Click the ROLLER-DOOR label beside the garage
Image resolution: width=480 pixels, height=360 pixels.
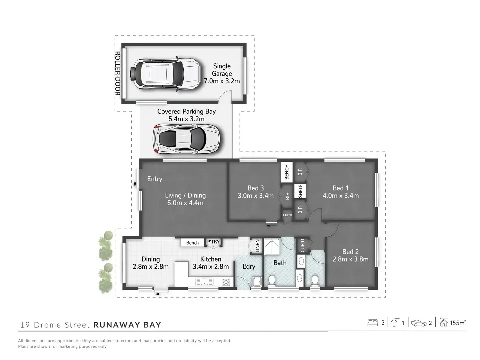[x=117, y=73]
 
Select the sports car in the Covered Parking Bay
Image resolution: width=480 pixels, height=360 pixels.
[x=186, y=139]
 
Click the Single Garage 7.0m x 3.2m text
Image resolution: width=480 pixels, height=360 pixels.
[x=222, y=74]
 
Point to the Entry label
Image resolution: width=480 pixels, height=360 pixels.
[x=155, y=179]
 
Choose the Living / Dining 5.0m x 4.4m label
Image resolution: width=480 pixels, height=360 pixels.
[x=185, y=199]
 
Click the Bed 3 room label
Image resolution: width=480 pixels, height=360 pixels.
[x=256, y=188]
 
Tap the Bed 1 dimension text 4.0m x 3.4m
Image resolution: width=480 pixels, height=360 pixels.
[x=341, y=196]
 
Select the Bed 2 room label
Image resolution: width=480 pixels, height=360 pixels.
[x=350, y=252]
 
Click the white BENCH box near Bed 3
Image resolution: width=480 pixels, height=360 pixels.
[x=287, y=172]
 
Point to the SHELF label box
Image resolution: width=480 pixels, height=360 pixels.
[x=300, y=191]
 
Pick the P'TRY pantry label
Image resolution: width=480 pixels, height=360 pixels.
[x=213, y=242]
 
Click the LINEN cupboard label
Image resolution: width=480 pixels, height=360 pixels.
[x=257, y=246]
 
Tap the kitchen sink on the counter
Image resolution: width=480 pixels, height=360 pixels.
[x=204, y=282]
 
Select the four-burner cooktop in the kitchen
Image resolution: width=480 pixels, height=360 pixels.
[x=226, y=282]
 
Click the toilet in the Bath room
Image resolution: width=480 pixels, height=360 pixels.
[x=272, y=280]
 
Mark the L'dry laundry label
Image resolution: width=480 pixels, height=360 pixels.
[x=249, y=266]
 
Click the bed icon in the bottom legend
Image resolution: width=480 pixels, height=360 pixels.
[x=372, y=322]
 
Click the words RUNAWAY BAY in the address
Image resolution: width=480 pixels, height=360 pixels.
[x=127, y=325]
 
